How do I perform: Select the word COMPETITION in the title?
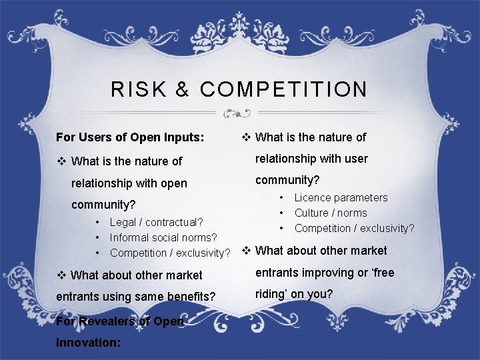pos(283,89)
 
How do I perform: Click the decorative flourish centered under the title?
pos(237,113)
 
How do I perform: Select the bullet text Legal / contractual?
pos(157,222)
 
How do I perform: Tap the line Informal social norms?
pos(163,237)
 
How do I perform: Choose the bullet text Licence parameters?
pos(341,197)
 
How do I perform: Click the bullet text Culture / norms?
pos(331,213)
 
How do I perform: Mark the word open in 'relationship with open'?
pos(173,183)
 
